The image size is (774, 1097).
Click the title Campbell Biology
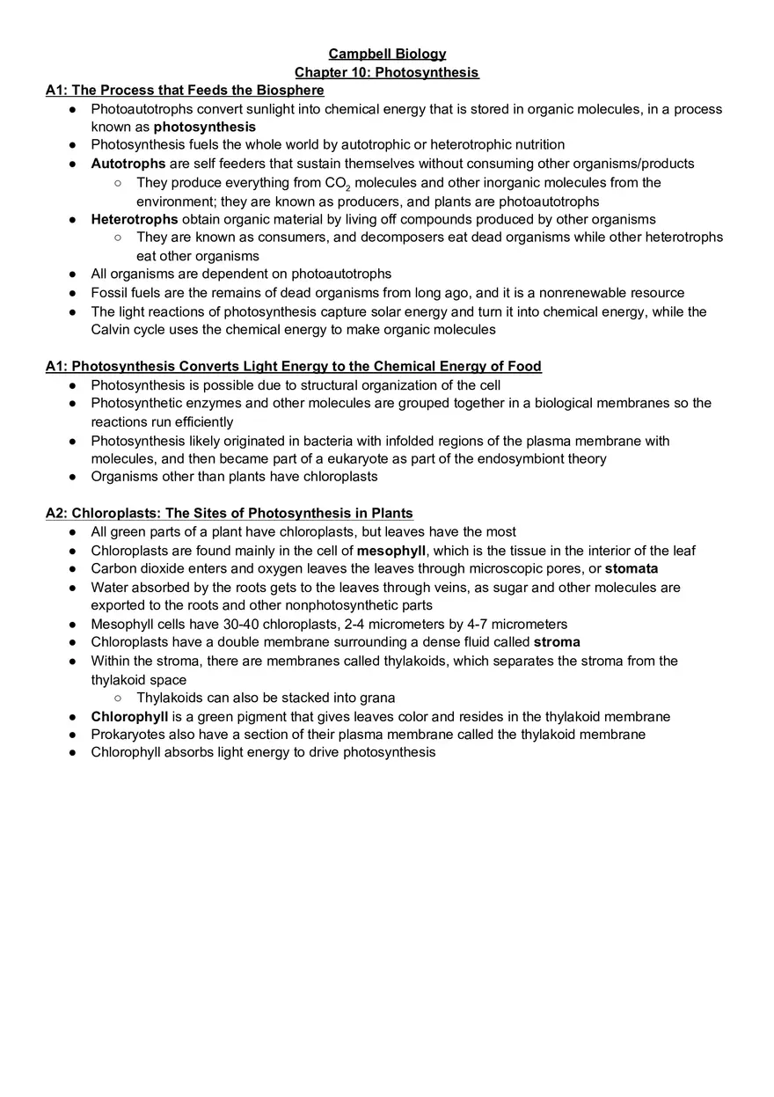pos(387,55)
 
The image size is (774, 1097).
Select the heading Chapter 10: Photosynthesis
pos(387,72)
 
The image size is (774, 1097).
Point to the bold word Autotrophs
pos(128,164)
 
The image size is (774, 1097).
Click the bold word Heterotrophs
pos(135,219)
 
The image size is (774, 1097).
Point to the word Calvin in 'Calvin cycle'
pos(111,330)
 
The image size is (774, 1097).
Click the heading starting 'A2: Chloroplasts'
pos(230,513)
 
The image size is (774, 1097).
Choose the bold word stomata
pos(632,569)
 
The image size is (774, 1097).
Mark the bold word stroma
pos(557,642)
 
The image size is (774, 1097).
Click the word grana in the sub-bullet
pos(377,698)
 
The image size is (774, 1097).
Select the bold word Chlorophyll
pos(129,716)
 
